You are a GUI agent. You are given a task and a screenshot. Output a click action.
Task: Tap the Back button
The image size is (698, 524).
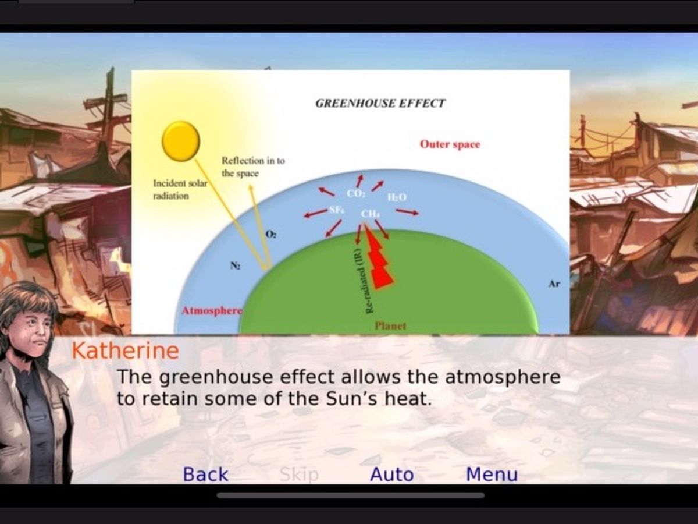point(205,475)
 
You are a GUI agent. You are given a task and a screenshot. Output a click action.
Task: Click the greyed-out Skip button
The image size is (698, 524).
point(299,475)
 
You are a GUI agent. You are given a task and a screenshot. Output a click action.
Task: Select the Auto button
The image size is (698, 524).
point(392,475)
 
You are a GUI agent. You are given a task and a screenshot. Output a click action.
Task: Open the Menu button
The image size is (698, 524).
point(492,475)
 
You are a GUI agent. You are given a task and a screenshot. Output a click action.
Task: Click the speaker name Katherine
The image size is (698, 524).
point(125,350)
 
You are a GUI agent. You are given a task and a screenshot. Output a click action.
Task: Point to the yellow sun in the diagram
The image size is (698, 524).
point(181,141)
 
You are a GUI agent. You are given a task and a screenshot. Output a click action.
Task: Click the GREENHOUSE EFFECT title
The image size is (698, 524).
point(380,103)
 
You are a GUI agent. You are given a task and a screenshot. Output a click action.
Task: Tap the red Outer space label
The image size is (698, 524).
point(450,144)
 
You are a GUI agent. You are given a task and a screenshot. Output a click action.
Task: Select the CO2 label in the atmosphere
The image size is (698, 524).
point(355,194)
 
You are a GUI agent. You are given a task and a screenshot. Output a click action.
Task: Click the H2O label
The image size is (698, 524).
point(397,197)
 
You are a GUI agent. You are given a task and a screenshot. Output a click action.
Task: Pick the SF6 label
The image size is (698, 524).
point(336,210)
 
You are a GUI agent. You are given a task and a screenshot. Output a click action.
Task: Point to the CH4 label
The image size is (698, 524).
point(370,214)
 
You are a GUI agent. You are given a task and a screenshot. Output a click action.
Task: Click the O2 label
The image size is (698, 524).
point(271,235)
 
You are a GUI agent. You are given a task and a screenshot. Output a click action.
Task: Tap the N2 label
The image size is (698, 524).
point(236,265)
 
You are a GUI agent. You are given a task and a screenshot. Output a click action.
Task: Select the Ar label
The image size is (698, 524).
point(554,284)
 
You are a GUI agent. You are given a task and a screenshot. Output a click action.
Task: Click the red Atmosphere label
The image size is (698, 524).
point(212,310)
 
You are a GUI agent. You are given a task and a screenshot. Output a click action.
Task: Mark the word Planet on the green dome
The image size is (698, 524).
point(390,326)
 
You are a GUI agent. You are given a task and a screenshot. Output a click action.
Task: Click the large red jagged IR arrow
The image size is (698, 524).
point(379,258)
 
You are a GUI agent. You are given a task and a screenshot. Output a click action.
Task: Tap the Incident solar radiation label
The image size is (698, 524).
point(180,189)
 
